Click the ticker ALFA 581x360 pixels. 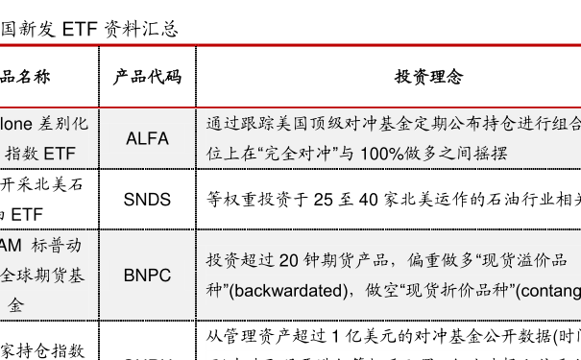tap(147, 138)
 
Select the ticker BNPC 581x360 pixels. tap(147, 276)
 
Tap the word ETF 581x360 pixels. tap(58, 153)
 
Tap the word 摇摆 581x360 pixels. tap(491, 154)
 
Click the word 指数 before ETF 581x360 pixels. tap(22, 153)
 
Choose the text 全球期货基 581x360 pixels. tap(42, 276)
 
